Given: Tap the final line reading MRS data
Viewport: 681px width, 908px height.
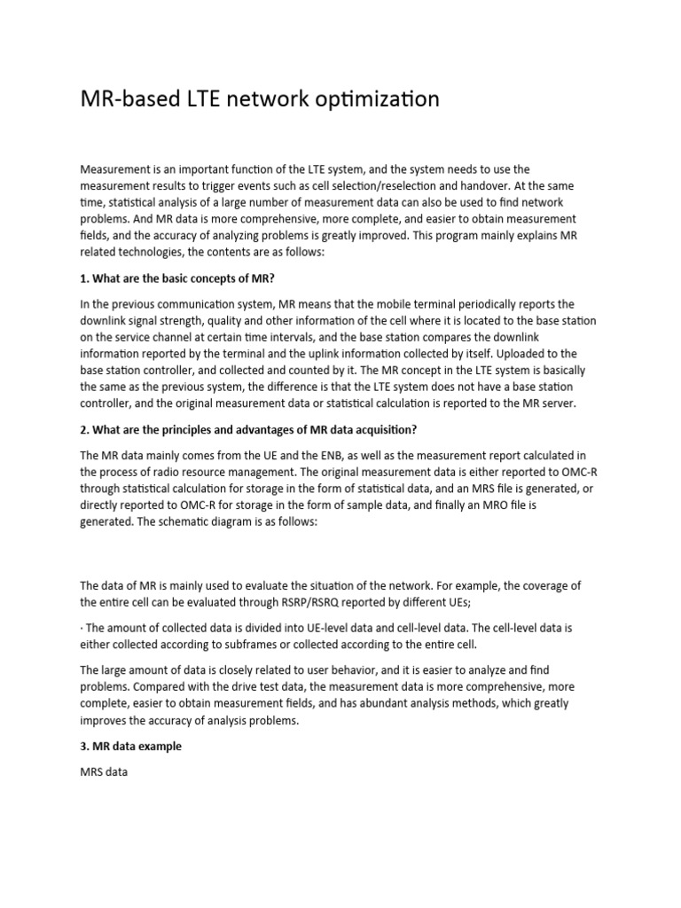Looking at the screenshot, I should pos(104,772).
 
